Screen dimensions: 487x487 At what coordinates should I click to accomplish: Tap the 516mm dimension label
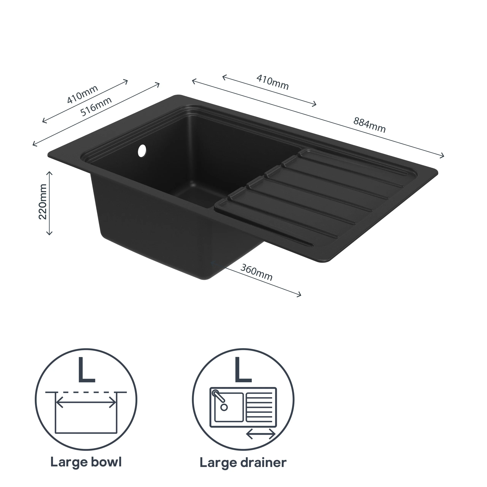pyautogui.click(x=96, y=106)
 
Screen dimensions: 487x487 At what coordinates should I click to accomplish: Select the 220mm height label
pyautogui.click(x=43, y=202)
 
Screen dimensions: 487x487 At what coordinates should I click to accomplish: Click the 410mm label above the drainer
pyautogui.click(x=272, y=82)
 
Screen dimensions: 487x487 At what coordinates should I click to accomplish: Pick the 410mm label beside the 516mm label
pyautogui.click(x=82, y=95)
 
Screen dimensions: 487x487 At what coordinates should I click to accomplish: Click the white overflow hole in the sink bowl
pyautogui.click(x=142, y=150)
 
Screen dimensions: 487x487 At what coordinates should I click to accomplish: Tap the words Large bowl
pyautogui.click(x=86, y=462)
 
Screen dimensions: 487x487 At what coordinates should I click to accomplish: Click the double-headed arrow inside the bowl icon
pyautogui.click(x=86, y=402)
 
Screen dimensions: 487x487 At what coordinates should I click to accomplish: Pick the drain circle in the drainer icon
pyautogui.click(x=224, y=407)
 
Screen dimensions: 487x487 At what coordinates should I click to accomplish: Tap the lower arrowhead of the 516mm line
pyautogui.click(x=35, y=144)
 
